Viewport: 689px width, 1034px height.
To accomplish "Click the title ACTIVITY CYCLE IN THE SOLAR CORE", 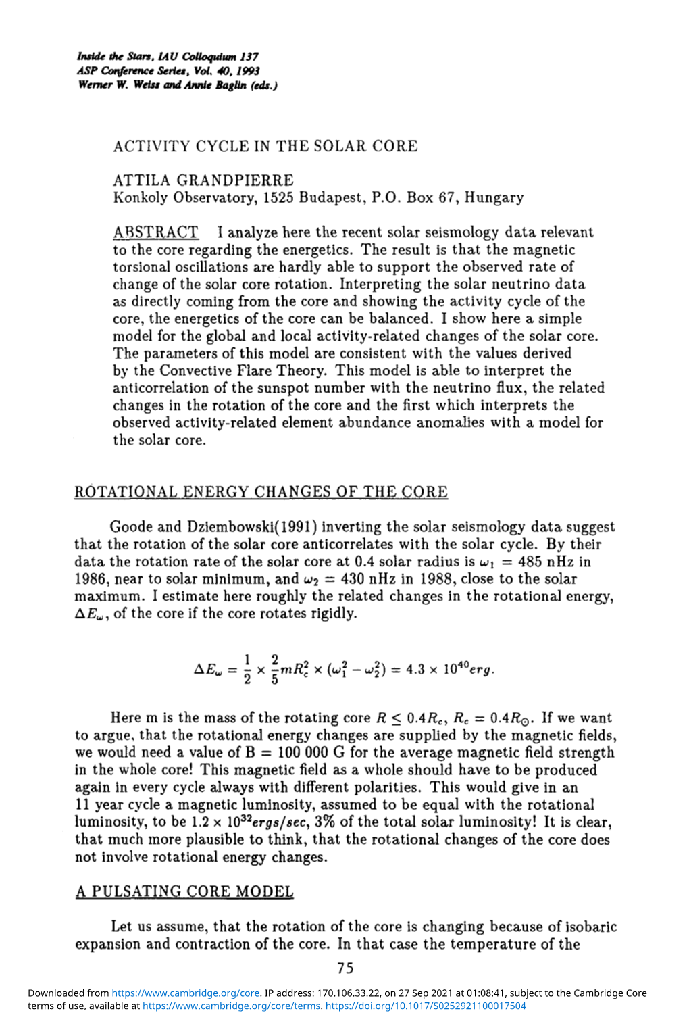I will pyautogui.click(x=265, y=147).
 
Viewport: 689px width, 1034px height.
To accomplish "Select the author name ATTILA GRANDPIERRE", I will pyautogui.click(x=203, y=180).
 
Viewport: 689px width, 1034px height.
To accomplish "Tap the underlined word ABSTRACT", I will pyautogui.click(x=156, y=232).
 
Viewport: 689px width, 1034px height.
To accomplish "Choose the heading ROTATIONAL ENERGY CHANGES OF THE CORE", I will pyautogui.click(x=261, y=492).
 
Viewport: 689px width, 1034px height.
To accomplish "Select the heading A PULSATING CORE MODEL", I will pyautogui.click(x=184, y=892).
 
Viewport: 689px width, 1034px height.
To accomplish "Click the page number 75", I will pyautogui.click(x=345, y=968).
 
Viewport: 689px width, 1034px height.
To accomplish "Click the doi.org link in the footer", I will pyautogui.click(x=426, y=1006).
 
